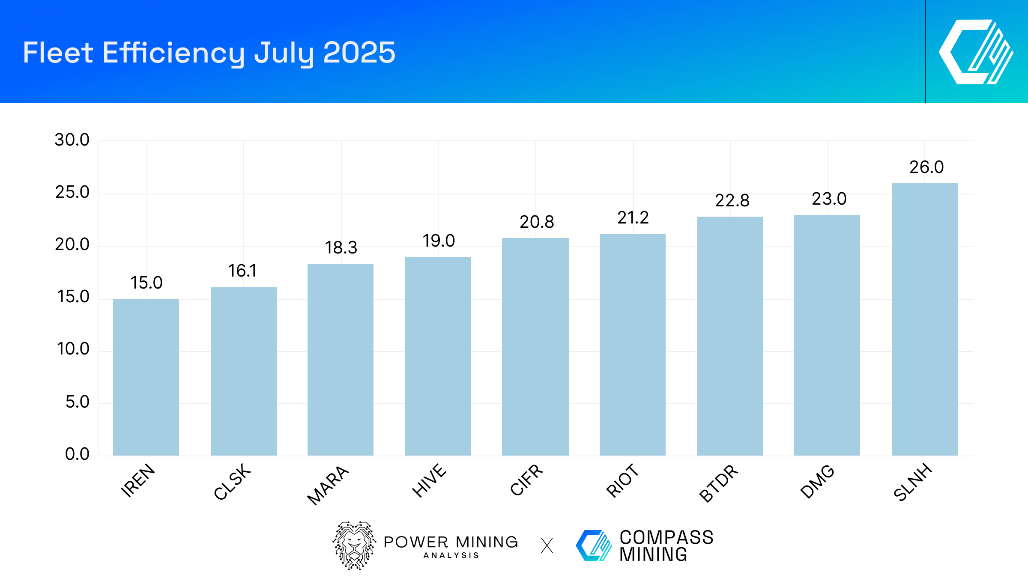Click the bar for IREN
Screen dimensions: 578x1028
(146, 377)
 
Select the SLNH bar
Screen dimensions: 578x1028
(924, 319)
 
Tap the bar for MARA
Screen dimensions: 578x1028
(341, 360)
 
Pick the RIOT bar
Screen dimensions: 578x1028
(632, 345)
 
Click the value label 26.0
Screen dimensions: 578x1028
(926, 167)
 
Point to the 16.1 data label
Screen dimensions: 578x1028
(242, 271)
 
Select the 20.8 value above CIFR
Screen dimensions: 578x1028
(537, 222)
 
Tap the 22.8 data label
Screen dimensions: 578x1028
(732, 200)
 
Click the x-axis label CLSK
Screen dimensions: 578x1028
(232, 482)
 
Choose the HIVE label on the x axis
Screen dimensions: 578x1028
(429, 480)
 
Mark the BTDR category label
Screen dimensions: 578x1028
(719, 483)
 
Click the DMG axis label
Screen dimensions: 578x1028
(817, 481)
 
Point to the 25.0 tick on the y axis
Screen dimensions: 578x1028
(72, 192)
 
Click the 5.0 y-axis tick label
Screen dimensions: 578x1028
(77, 402)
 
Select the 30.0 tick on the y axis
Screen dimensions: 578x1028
(72, 140)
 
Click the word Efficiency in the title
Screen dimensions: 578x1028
(173, 53)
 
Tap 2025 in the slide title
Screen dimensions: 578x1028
(359, 53)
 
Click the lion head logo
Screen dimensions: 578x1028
(354, 545)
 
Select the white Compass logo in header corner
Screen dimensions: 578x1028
(976, 52)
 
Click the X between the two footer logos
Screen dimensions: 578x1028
(547, 546)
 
